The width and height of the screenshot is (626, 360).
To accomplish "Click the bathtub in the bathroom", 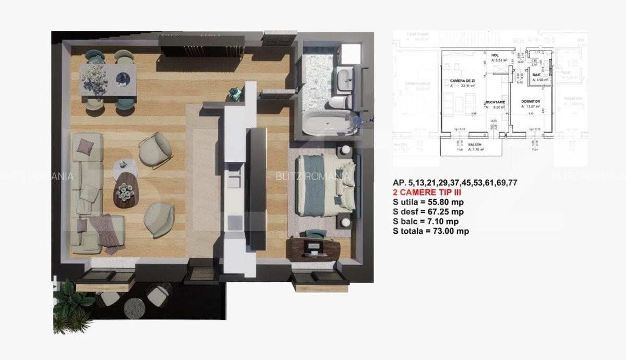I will click(x=327, y=124).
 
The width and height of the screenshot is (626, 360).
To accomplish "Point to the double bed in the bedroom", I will click(x=327, y=186).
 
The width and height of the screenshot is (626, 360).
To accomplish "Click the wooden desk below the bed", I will click(x=314, y=249).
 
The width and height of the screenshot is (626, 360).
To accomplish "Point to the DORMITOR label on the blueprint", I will click(x=529, y=101).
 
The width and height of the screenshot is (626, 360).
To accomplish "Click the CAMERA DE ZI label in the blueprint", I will click(x=462, y=81).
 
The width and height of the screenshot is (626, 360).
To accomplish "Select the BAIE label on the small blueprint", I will click(x=536, y=75).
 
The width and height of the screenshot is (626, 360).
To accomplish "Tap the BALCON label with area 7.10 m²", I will click(x=474, y=144).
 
